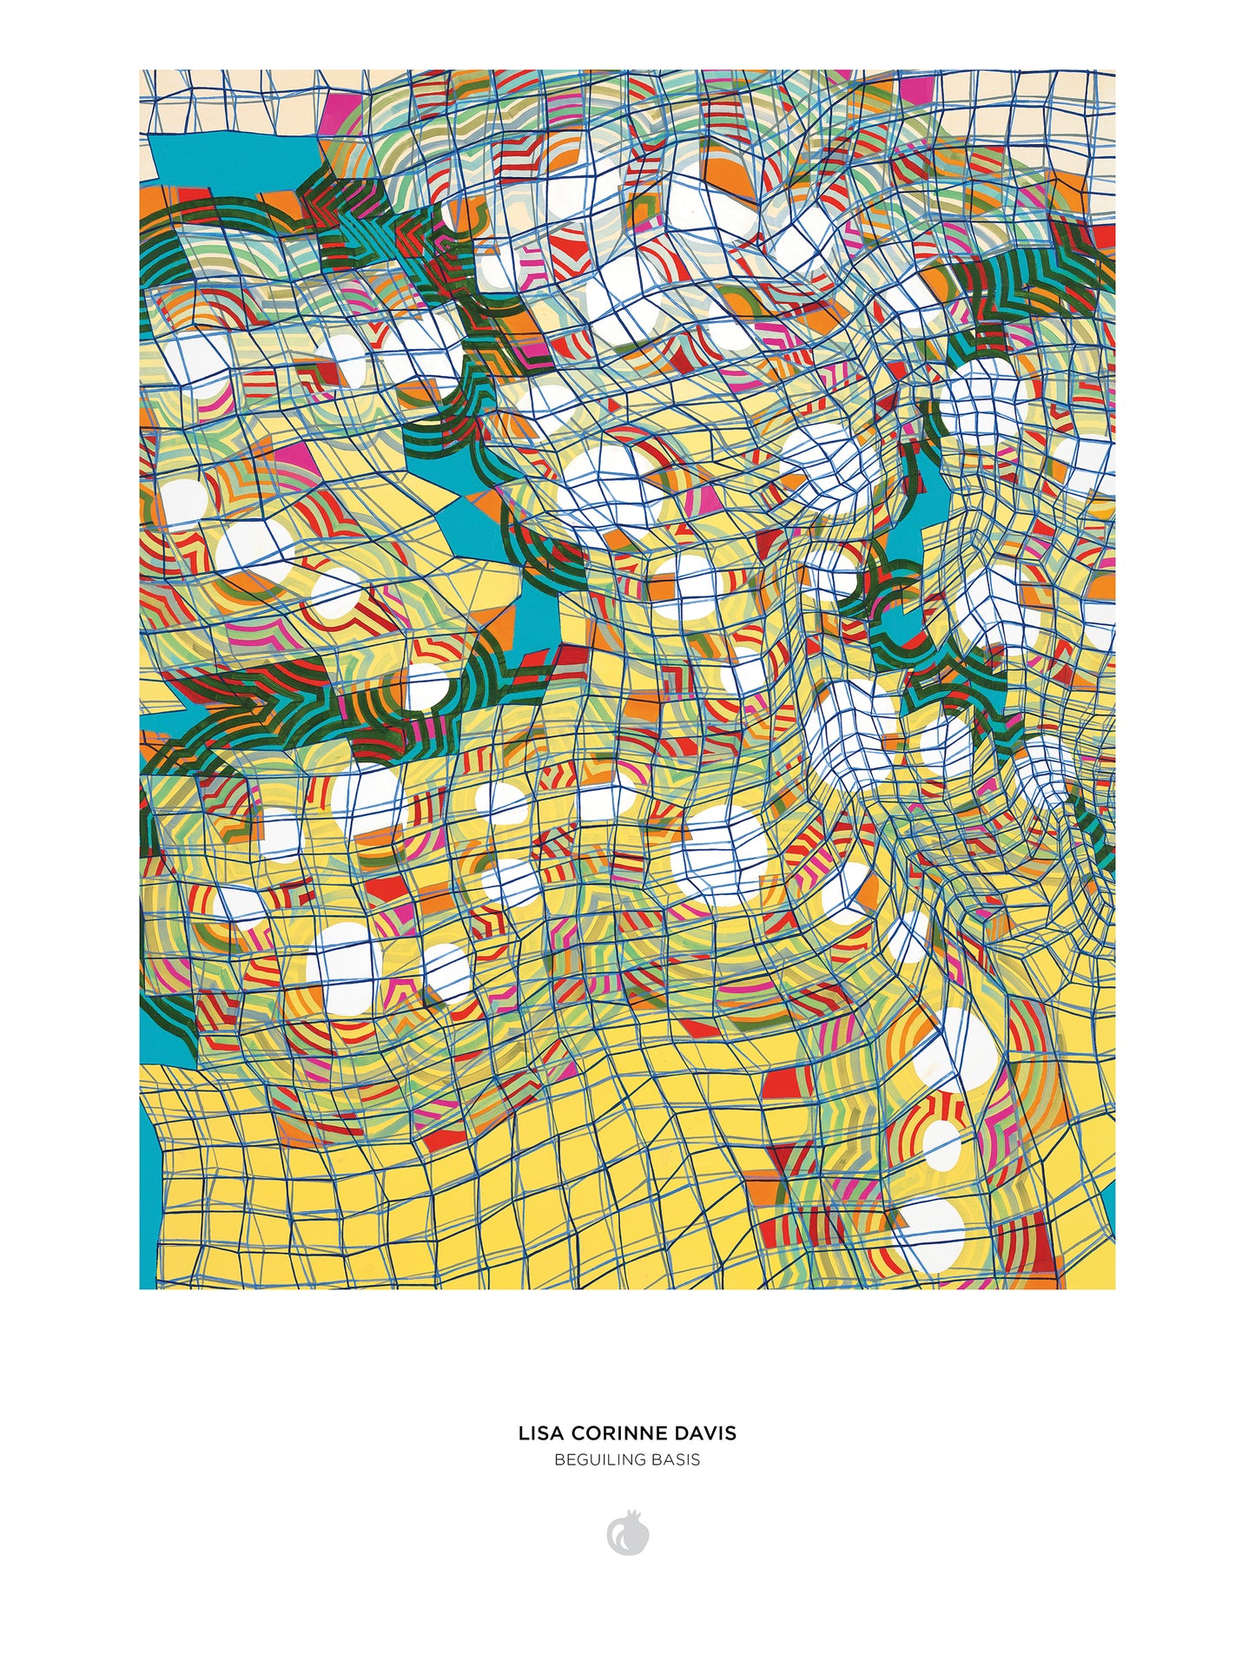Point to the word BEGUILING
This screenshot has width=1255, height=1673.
click(x=599, y=1459)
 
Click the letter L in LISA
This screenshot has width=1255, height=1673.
click(x=523, y=1433)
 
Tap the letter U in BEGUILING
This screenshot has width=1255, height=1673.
click(x=589, y=1459)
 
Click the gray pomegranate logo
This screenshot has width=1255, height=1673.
click(x=627, y=1535)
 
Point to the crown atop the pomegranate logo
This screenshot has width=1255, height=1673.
click(x=637, y=1516)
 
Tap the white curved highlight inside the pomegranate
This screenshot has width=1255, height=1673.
click(x=619, y=1538)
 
